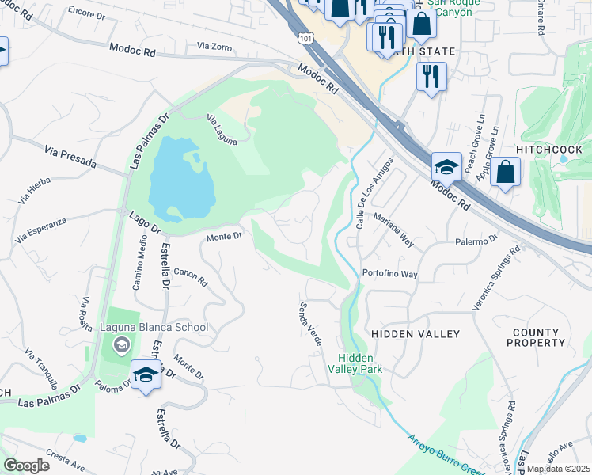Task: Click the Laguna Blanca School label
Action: click(x=154, y=327)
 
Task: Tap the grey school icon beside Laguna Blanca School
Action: click(x=120, y=344)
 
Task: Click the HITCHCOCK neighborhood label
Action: click(x=548, y=150)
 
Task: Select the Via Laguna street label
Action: click(x=222, y=131)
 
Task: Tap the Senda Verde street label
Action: click(x=310, y=323)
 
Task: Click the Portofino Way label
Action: click(x=389, y=274)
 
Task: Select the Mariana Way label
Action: click(x=393, y=230)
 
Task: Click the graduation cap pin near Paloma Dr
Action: click(x=146, y=375)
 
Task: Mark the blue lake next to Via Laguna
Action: click(x=181, y=180)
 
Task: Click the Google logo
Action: click(x=25, y=465)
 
